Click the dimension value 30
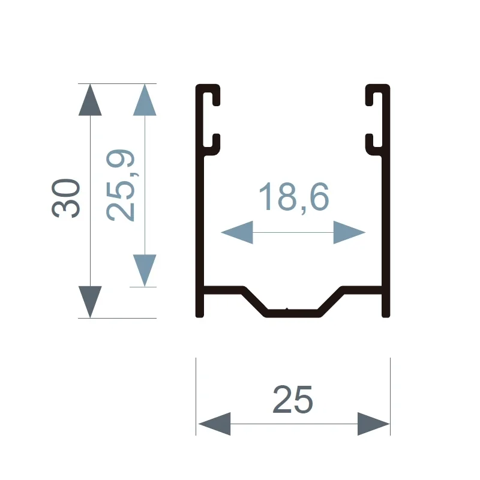click(66, 199)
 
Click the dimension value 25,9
click(121, 185)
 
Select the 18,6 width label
click(294, 197)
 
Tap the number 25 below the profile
click(293, 399)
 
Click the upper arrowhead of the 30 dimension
click(90, 100)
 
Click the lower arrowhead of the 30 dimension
click(90, 302)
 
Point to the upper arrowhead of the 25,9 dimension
click(145, 100)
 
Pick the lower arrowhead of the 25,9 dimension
click(145, 271)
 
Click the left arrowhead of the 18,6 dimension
click(237, 232)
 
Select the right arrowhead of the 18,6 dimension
click(349, 232)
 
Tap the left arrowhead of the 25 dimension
click(215, 424)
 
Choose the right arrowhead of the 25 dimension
click(373, 424)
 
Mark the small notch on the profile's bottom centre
click(287, 309)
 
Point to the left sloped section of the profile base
click(254, 301)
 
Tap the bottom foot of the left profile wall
click(200, 306)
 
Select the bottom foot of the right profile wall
click(386, 306)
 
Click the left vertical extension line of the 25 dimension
click(196, 396)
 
